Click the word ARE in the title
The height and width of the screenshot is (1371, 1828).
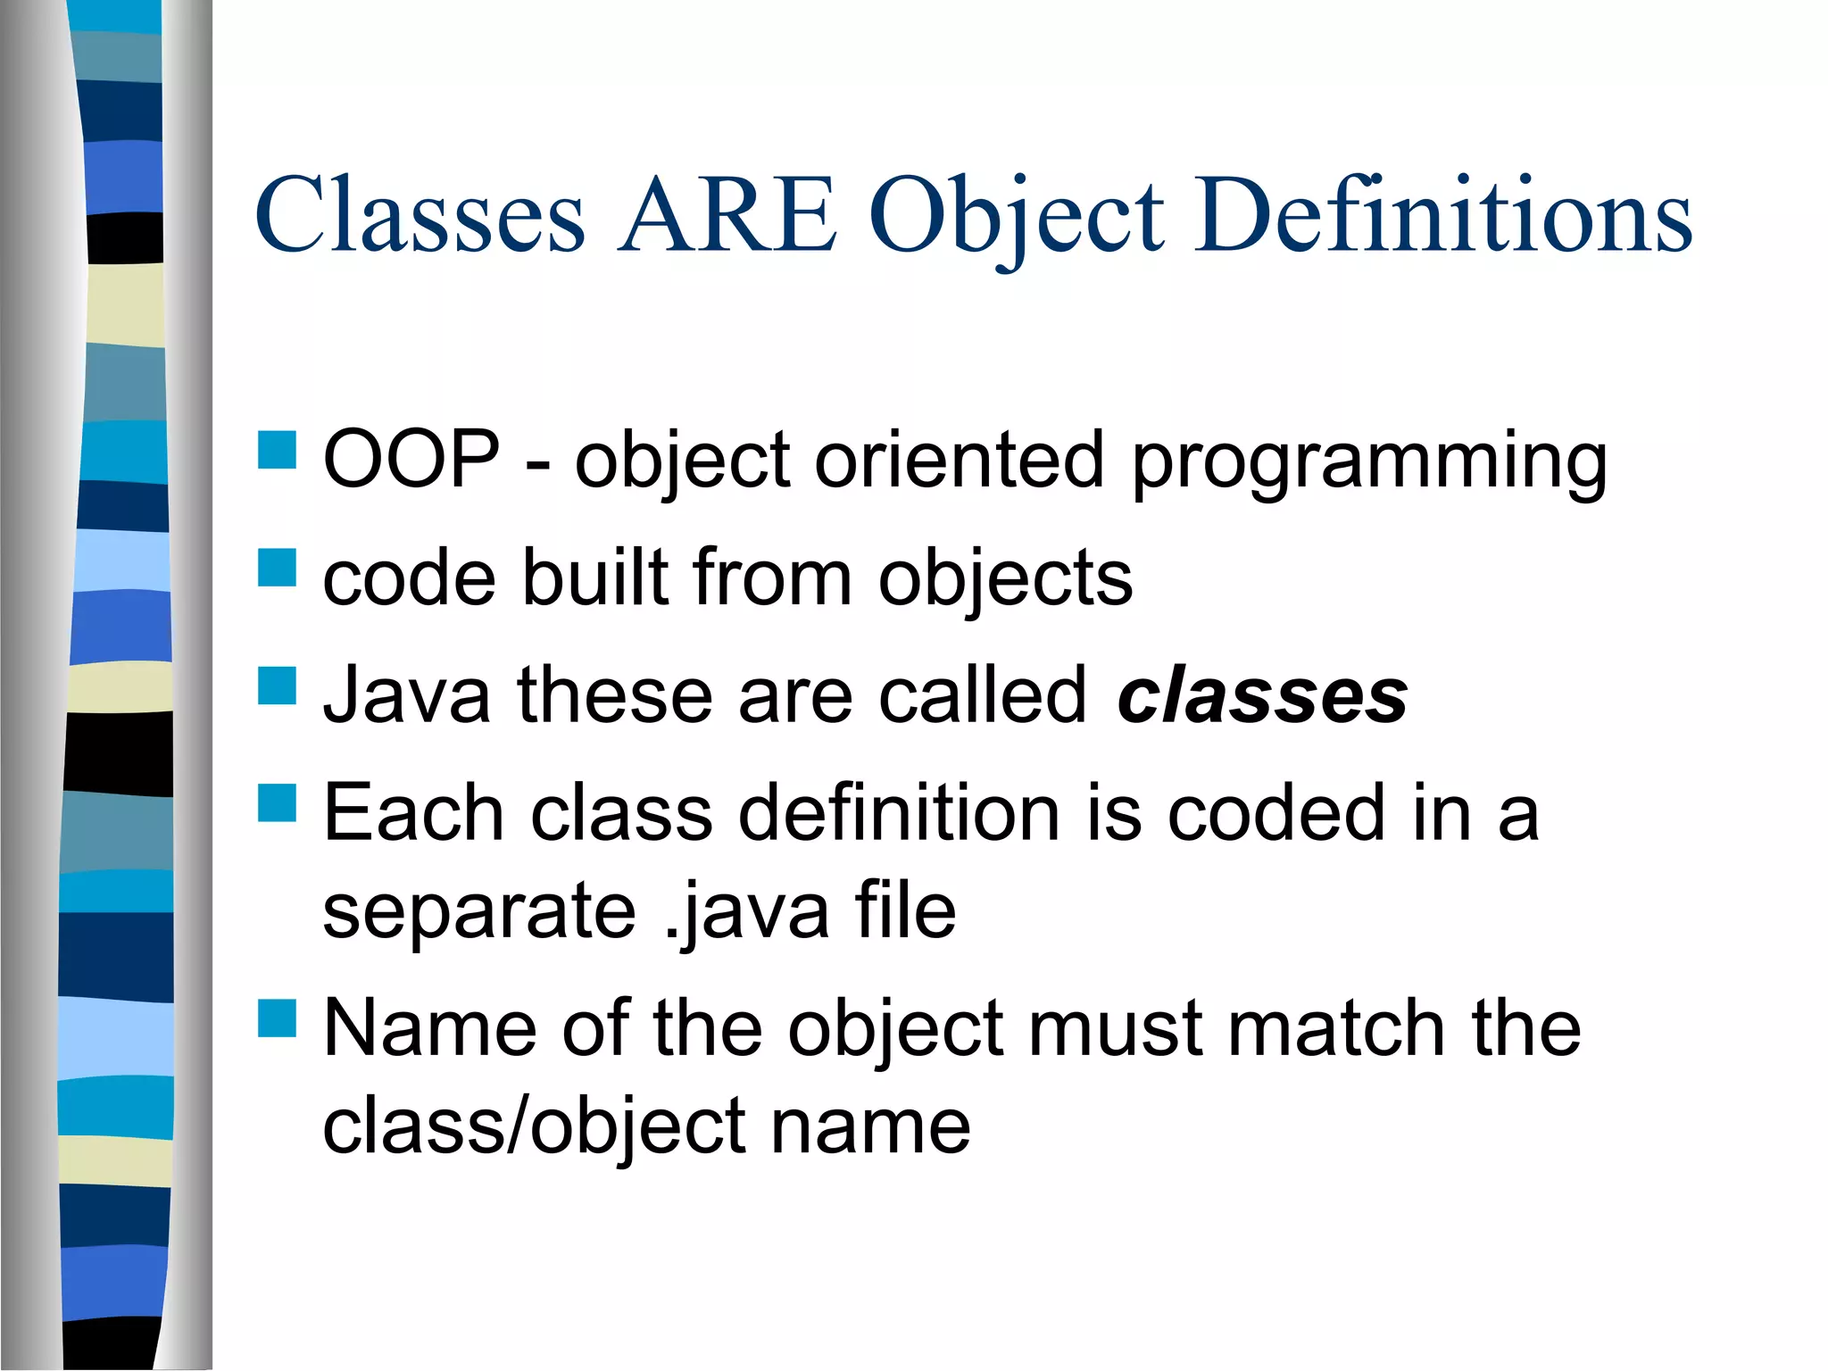tap(727, 216)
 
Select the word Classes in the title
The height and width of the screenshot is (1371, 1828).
tap(420, 216)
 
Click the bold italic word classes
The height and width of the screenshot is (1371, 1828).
tap(1262, 696)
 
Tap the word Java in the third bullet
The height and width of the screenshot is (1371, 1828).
tap(406, 696)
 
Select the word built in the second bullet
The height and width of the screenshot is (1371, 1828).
tap(594, 578)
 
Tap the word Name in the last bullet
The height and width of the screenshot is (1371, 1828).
tap(429, 1029)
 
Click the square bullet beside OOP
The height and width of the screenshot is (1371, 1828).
tap(277, 450)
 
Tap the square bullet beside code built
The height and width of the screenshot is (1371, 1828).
tap(277, 568)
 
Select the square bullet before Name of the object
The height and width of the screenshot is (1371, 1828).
tap(277, 1018)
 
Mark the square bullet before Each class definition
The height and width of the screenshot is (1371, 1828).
tap(277, 802)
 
